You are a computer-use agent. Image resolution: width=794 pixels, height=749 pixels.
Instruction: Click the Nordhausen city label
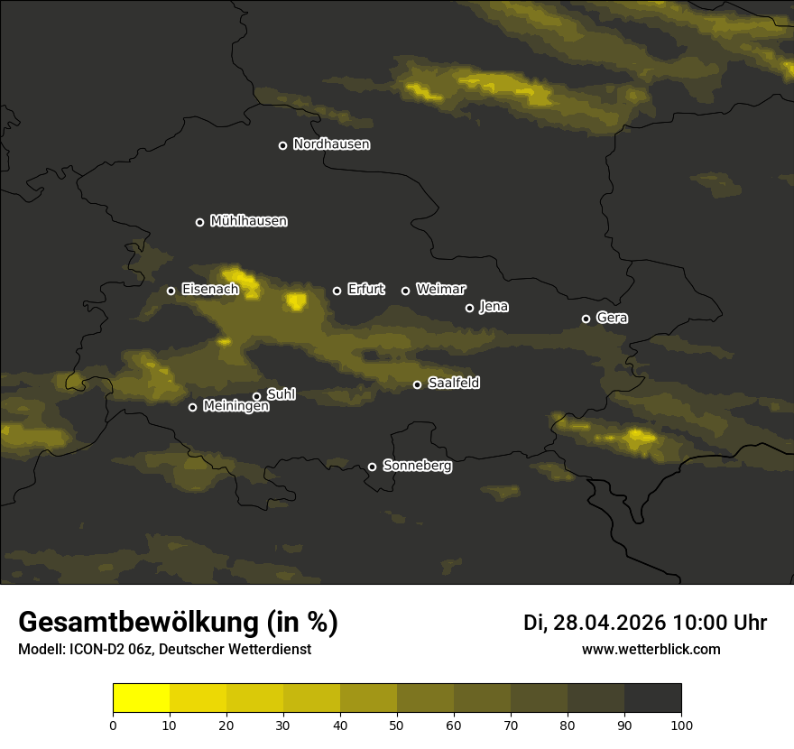[331, 144]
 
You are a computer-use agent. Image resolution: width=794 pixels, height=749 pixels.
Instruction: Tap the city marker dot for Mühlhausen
[199, 222]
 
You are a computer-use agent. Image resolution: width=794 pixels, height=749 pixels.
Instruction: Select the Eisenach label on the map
[209, 290]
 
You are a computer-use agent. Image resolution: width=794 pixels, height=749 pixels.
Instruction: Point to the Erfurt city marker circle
[337, 291]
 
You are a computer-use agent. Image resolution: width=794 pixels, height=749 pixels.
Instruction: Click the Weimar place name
[440, 290]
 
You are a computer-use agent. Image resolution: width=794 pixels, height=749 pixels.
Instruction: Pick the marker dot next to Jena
[469, 308]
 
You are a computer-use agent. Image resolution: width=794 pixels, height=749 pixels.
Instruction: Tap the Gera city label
[612, 318]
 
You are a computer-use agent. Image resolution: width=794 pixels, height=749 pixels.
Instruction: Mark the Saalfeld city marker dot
[417, 384]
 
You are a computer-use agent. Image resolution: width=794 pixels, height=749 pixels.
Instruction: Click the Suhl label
[281, 394]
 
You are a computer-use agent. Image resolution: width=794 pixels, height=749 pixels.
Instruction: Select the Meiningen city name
[235, 407]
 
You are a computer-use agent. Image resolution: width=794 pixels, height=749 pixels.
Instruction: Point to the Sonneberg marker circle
[372, 467]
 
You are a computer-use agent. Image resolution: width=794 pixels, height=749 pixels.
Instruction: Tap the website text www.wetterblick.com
[651, 649]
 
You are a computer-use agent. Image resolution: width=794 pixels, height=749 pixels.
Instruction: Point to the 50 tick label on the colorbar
[397, 724]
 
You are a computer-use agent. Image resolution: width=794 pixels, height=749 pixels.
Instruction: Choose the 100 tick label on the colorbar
[681, 724]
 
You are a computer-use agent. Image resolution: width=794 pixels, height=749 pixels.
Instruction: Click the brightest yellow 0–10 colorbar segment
[142, 698]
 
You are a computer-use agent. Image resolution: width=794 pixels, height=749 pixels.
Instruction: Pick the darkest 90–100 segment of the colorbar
[652, 698]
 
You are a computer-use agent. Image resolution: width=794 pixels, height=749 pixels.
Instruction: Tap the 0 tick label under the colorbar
[113, 724]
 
